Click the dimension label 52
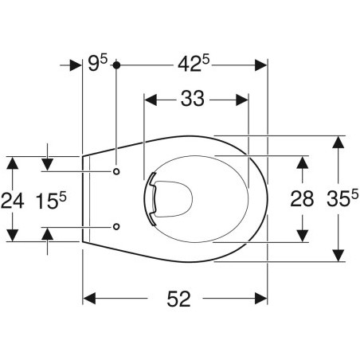[178, 299]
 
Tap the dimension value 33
[193, 99]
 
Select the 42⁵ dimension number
[194, 64]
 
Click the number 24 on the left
[13, 201]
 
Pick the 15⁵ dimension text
[51, 200]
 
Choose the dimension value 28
[302, 199]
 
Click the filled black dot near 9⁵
[116, 65]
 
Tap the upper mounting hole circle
[116, 171]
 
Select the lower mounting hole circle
[116, 226]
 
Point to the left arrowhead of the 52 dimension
[89, 299]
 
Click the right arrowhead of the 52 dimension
[261, 299]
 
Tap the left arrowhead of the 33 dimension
[151, 100]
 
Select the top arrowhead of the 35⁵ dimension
[338, 142]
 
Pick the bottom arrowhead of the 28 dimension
[302, 236]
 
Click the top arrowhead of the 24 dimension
[12, 163]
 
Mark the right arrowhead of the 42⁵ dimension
[260, 65]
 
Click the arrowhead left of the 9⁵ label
[75, 65]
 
